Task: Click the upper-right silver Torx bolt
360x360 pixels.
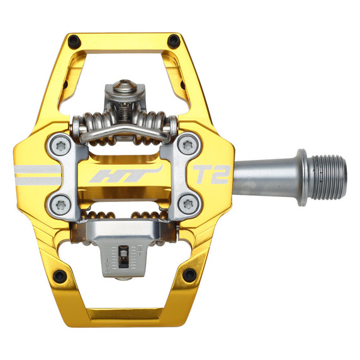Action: coord(187,146)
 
